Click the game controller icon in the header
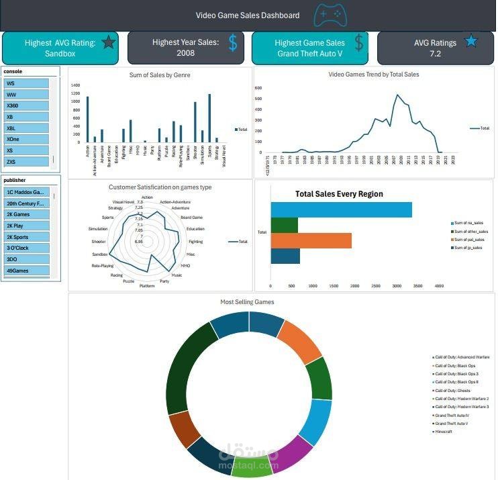(330, 14)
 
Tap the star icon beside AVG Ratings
(471, 42)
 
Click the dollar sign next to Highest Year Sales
(233, 44)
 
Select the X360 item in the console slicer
(26, 106)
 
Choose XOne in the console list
(26, 139)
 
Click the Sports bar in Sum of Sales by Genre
(209, 118)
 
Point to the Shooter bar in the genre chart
(195, 122)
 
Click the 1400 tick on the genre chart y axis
(75, 85)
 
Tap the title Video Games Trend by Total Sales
(373, 75)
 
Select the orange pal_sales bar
(311, 240)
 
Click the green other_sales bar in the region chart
(285, 225)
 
